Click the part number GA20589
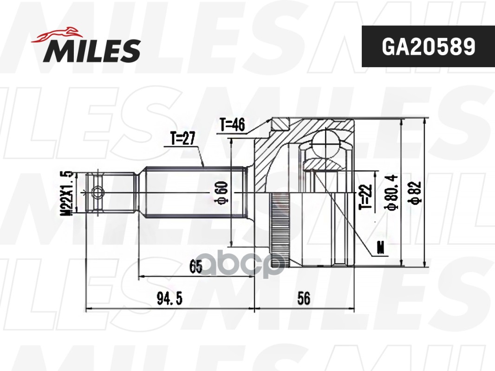(x=428, y=46)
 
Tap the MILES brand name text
(x=92, y=51)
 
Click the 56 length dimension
(x=304, y=299)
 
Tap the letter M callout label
(x=381, y=249)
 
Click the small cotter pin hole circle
(x=98, y=192)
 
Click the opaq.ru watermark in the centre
(x=247, y=266)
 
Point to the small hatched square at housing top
(x=280, y=123)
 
